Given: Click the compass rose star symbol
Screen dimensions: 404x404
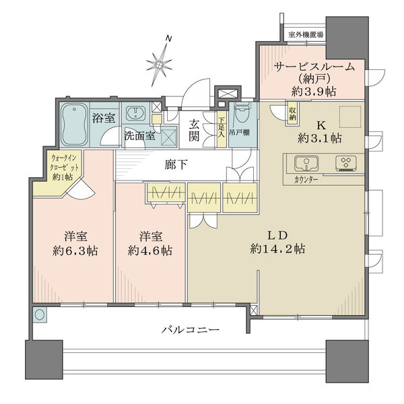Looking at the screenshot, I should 160,64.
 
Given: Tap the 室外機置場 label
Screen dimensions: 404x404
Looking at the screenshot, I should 306,34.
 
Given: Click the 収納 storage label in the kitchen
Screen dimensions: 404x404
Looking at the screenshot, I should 293,114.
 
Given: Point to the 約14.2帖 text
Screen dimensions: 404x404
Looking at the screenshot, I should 277,248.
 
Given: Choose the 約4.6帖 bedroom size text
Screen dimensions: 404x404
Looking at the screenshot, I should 149,250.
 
